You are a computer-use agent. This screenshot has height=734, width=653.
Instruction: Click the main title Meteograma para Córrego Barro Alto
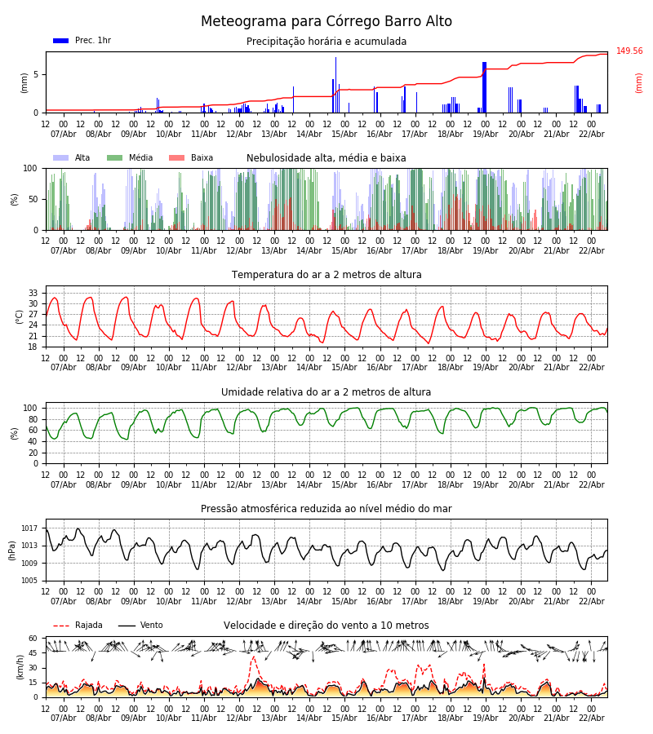326,22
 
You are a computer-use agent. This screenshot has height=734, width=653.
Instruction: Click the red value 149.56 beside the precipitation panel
629,51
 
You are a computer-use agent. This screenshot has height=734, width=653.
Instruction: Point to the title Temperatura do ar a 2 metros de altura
326,275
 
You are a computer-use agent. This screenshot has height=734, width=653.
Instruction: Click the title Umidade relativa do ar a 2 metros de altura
326,392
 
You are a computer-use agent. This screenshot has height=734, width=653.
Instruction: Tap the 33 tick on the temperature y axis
33,293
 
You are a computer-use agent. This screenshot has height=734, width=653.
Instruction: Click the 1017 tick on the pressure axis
30,528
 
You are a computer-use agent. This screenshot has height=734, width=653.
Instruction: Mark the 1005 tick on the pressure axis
30,581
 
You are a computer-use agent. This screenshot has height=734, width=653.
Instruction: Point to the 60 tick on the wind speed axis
33,639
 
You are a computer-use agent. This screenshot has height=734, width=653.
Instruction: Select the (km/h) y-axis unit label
20,667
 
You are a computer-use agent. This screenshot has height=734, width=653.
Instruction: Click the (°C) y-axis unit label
20,316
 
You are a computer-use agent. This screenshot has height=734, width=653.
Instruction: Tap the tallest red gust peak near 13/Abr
253,657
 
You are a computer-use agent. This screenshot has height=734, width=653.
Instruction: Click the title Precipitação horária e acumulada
326,42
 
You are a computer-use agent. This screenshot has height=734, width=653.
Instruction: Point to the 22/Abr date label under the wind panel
592,718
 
